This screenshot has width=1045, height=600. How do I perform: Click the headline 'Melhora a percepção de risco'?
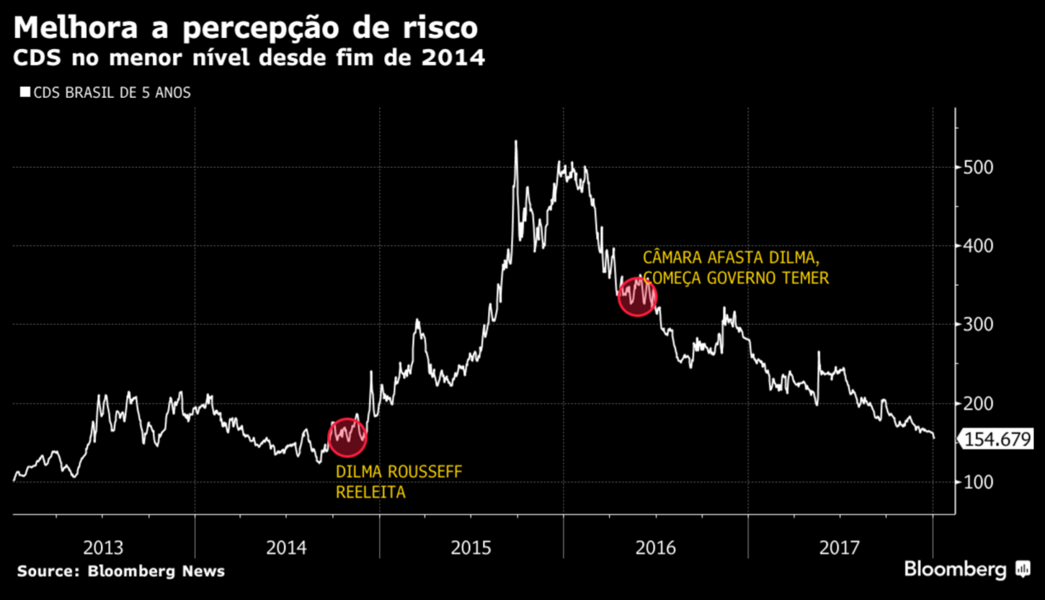click(245, 28)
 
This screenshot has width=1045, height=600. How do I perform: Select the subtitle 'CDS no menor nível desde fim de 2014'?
click(249, 58)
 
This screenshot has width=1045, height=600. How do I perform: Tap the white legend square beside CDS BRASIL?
click(25, 92)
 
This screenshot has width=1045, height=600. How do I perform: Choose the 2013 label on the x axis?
click(103, 548)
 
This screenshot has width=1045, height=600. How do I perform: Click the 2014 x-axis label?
click(287, 548)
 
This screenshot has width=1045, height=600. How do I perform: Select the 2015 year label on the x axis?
click(471, 548)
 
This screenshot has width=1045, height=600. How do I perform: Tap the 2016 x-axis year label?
click(656, 548)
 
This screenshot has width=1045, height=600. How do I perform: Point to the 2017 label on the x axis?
click(840, 548)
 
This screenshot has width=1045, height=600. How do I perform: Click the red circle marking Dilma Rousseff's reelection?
click(347, 437)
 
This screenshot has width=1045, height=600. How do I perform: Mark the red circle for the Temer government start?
click(637, 297)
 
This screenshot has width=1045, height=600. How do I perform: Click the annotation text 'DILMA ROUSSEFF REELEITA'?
click(399, 483)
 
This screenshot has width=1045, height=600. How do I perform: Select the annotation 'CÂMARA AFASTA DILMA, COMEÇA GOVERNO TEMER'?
click(735, 267)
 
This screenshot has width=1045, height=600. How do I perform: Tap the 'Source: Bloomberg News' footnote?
click(121, 571)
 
